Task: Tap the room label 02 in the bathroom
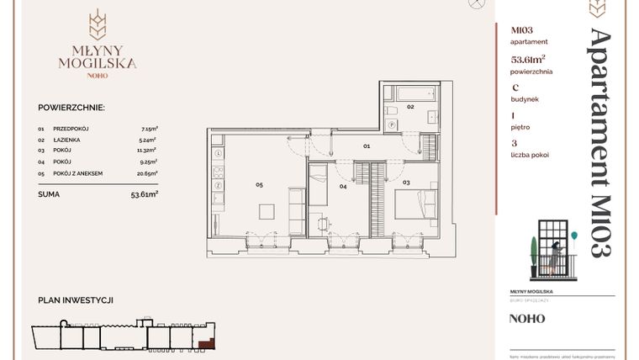(411, 108)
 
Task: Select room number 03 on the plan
(406, 182)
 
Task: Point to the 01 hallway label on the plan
(367, 146)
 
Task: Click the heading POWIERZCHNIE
(71, 108)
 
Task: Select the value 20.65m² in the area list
(149, 173)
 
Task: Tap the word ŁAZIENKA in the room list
(66, 140)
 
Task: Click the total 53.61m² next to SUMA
(145, 193)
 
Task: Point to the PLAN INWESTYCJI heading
(76, 300)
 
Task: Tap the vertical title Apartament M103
(599, 142)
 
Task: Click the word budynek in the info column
(525, 99)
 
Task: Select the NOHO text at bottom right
(527, 319)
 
